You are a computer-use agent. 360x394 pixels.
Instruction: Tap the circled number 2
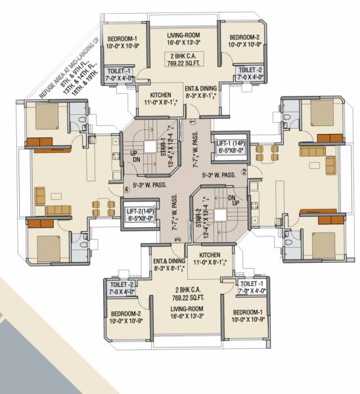tap(244, 172)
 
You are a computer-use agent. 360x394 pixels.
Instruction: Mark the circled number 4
tap(125, 192)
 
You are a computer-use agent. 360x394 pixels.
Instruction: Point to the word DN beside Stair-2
tap(231, 196)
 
